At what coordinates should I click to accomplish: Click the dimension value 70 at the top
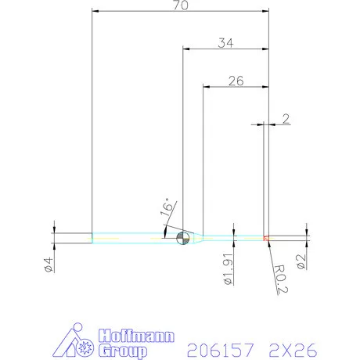180,5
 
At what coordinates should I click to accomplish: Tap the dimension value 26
236,79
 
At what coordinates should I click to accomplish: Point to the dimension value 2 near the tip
286,119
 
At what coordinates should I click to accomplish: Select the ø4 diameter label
48,264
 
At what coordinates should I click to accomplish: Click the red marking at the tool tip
267,237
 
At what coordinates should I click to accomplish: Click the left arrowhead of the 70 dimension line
95,12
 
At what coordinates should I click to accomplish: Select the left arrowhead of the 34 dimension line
185,49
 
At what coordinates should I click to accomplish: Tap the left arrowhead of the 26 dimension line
206,85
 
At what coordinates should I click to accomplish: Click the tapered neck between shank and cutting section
200,237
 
